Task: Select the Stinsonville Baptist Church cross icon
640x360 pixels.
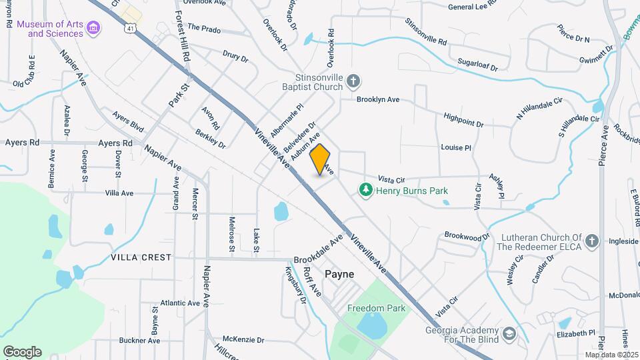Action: point(353,82)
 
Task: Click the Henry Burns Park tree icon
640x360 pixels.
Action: point(365,191)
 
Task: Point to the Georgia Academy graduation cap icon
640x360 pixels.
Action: point(509,333)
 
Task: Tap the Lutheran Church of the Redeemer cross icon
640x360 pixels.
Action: point(593,239)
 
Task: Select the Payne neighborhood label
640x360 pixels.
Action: point(339,274)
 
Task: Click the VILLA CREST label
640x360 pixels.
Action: point(141,257)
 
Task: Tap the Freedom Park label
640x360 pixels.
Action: point(376,309)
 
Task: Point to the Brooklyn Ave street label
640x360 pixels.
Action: point(377,99)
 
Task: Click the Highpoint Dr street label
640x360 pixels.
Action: point(463,119)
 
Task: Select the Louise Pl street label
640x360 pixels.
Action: point(456,147)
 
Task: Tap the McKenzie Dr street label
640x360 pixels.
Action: point(243,339)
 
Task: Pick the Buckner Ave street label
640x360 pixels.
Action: point(139,341)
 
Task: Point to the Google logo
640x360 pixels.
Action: point(22,351)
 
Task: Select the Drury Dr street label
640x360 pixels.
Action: point(235,57)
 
